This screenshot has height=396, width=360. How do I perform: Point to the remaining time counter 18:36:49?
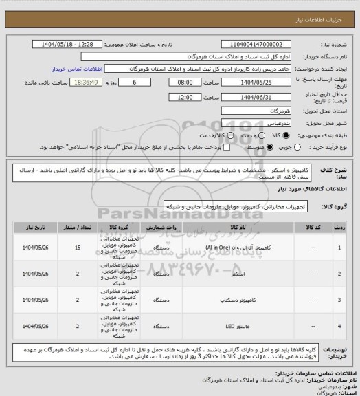coord(86,81)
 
